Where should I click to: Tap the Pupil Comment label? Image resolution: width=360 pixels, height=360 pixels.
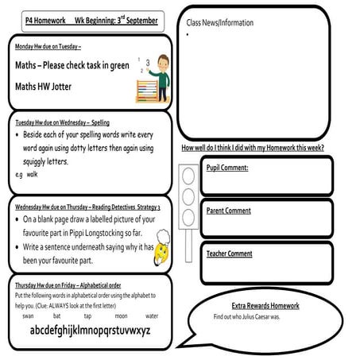tap(227, 168)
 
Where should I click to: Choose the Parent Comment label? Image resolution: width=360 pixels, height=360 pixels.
tap(230, 211)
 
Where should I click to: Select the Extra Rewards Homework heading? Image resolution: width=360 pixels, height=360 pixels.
tap(269, 306)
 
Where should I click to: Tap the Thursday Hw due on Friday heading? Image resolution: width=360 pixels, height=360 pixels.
tap(68, 283)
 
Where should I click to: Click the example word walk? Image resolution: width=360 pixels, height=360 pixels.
tap(32, 172)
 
